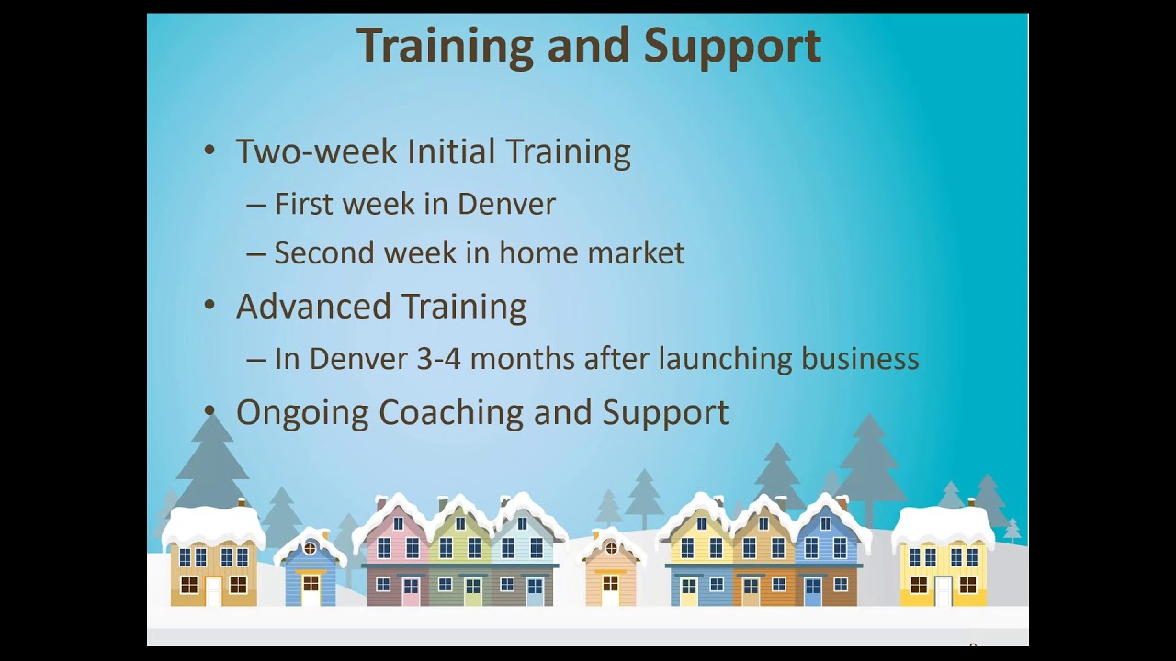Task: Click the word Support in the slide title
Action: pyautogui.click(x=732, y=47)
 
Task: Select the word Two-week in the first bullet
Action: pyautogui.click(x=317, y=151)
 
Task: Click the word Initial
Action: pyautogui.click(x=451, y=151)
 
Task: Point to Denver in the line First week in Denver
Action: pyautogui.click(x=506, y=204)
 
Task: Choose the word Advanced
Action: pyautogui.click(x=313, y=306)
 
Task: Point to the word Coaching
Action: pyautogui.click(x=451, y=412)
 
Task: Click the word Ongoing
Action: pyautogui.click(x=302, y=413)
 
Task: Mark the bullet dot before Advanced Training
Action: pyautogui.click(x=209, y=305)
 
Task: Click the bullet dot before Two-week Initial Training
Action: pyautogui.click(x=209, y=150)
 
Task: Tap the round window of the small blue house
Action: pyautogui.click(x=310, y=549)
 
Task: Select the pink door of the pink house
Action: pyautogui.click(x=411, y=591)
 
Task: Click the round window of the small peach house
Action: pyautogui.click(x=611, y=549)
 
